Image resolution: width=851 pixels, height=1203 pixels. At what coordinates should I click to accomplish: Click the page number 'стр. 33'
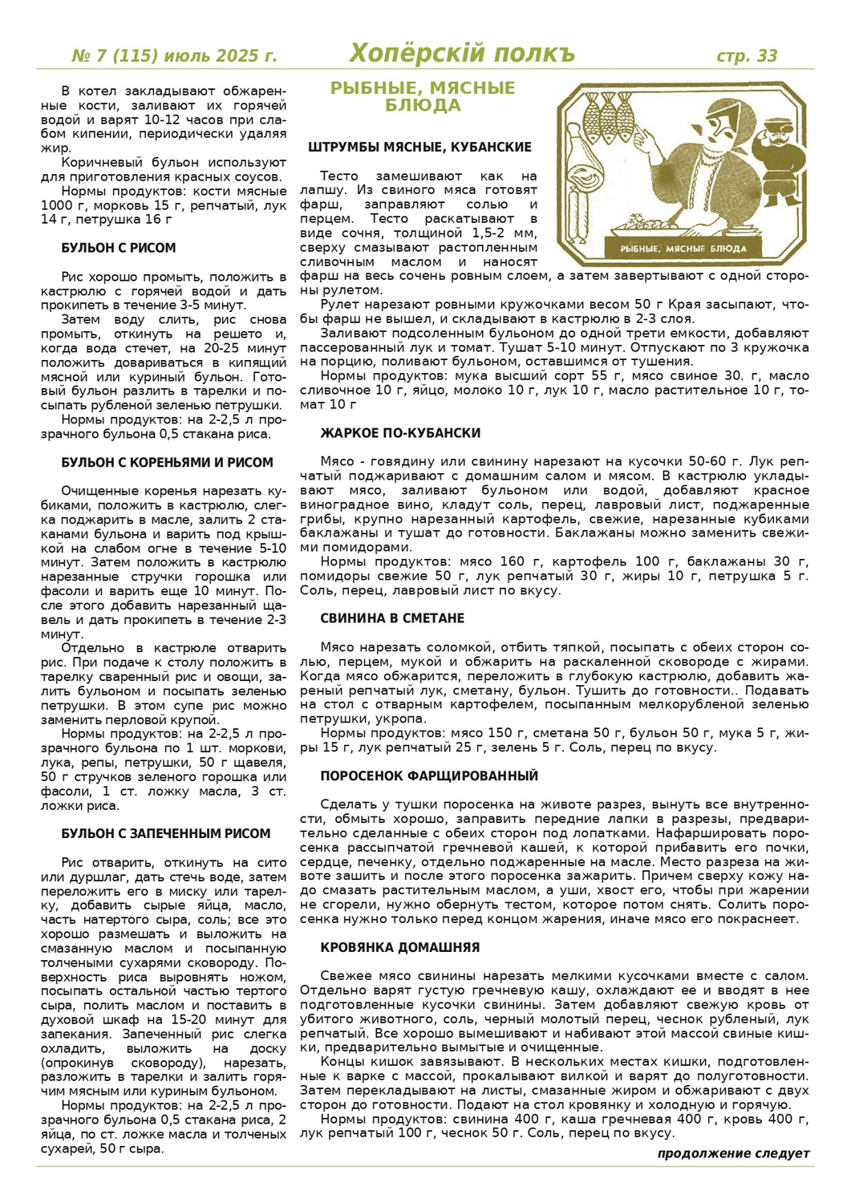point(747,55)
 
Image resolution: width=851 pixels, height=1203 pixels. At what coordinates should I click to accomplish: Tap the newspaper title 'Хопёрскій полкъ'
point(462,54)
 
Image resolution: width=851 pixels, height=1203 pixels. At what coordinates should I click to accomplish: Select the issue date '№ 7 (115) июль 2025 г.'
point(174,56)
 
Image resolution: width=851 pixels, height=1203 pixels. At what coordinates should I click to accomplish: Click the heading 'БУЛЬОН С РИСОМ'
point(119,249)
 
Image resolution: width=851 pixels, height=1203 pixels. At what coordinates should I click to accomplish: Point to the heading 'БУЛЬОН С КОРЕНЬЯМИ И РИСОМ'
point(168,463)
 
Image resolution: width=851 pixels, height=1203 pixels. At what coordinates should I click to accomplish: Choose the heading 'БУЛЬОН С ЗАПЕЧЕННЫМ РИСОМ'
point(166,834)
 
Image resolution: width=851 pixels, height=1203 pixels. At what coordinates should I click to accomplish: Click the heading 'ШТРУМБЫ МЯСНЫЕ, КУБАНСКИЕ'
point(419,148)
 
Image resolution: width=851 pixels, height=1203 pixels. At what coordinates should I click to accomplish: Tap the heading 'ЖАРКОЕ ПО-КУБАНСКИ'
point(400,433)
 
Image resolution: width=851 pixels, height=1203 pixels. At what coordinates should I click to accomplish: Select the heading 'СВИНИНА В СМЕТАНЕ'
point(392,618)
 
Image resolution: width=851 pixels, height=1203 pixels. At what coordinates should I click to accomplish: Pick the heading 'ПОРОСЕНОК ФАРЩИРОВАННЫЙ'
point(429,776)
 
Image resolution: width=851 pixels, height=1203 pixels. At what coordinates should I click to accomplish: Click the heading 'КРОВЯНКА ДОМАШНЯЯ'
point(400,947)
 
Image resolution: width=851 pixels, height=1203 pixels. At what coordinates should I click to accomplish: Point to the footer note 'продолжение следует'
point(733,1153)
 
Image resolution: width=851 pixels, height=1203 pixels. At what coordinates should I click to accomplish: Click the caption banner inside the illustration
point(683,248)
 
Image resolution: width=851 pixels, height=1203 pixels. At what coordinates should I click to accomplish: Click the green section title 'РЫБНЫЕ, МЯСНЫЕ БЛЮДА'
point(423,96)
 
